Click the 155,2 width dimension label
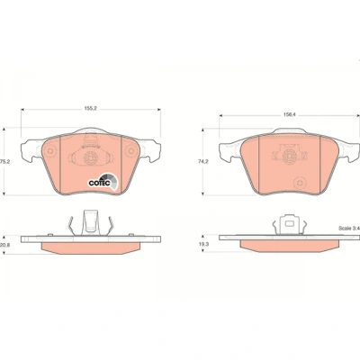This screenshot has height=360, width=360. click(x=91, y=109)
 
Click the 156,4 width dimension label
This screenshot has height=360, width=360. click(x=289, y=114)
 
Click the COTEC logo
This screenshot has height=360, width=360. click(x=103, y=182)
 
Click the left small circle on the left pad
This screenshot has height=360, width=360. click(x=50, y=151)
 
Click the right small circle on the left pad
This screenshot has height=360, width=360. click(x=131, y=151)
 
